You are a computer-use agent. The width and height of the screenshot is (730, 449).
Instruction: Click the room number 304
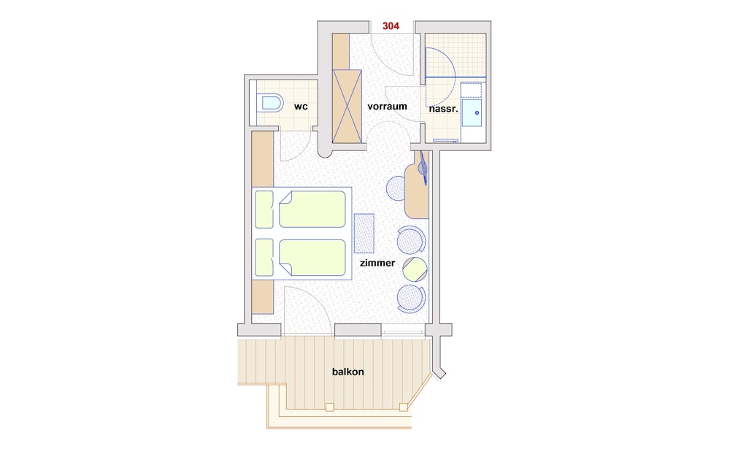coord(391,26)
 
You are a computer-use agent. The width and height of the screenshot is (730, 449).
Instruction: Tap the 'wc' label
coord(301,107)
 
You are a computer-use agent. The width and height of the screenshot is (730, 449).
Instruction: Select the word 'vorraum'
coord(387,106)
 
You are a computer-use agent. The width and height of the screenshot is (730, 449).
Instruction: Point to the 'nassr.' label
coord(444,109)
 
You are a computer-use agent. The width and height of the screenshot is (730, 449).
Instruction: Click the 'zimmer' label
coord(377,263)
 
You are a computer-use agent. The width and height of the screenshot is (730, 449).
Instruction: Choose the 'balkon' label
coord(347,372)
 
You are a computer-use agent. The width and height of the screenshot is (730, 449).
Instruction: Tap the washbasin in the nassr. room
coord(472,112)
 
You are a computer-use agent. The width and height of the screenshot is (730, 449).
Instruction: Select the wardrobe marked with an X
coord(347,107)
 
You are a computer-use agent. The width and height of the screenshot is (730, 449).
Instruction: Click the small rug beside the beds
coord(364,234)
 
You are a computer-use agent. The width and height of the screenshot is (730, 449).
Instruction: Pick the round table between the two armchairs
coord(415,269)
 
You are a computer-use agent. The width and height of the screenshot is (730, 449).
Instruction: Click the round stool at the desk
coord(396,188)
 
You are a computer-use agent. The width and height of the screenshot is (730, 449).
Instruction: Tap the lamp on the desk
coord(423,166)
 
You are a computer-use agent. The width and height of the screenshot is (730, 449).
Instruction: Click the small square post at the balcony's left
coord(330,407)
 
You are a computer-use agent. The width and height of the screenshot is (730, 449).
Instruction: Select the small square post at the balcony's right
coord(403,407)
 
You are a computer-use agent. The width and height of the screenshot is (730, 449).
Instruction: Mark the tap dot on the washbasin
coord(477,112)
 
